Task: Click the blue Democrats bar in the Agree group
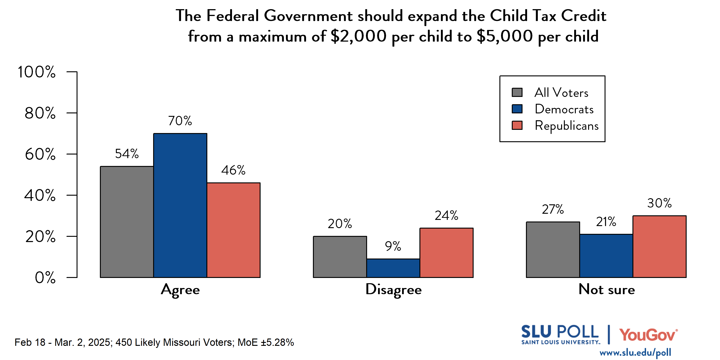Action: pyautogui.click(x=180, y=205)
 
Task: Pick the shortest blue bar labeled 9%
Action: pyautogui.click(x=393, y=268)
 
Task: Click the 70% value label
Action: pyautogui.click(x=180, y=121)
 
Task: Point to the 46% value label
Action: pyautogui.click(x=233, y=170)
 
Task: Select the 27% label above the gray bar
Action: pyautogui.click(x=553, y=209)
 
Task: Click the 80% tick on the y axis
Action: pyautogui.click(x=40, y=113)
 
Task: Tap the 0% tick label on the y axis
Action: pyautogui.click(x=45, y=277)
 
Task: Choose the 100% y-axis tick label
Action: pyautogui.click(x=37, y=72)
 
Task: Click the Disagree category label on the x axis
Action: pyautogui.click(x=393, y=290)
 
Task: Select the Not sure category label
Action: pyautogui.click(x=607, y=289)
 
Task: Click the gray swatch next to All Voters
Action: pyautogui.click(x=517, y=93)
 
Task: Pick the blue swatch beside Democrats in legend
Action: pyautogui.click(x=517, y=109)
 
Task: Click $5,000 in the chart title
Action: pyautogui.click(x=504, y=37)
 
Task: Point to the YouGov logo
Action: pyautogui.click(x=648, y=335)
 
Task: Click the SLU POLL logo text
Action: pyautogui.click(x=560, y=332)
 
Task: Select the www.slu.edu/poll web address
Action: pyautogui.click(x=635, y=353)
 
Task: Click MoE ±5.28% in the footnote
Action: pyautogui.click(x=266, y=342)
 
